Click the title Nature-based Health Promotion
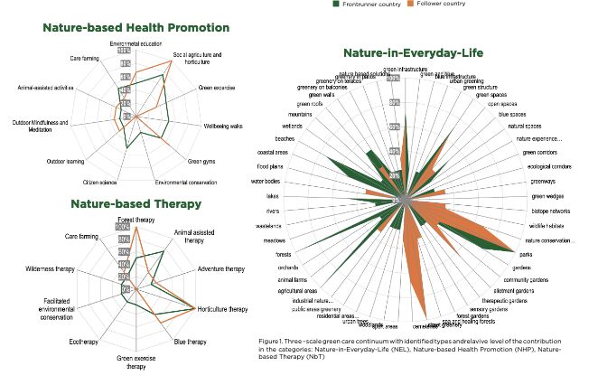click(x=135, y=28)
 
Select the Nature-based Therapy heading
click(x=135, y=204)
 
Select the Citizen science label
click(x=101, y=183)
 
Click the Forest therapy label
click(x=137, y=221)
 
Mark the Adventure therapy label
click(x=221, y=269)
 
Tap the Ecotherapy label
click(x=83, y=342)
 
